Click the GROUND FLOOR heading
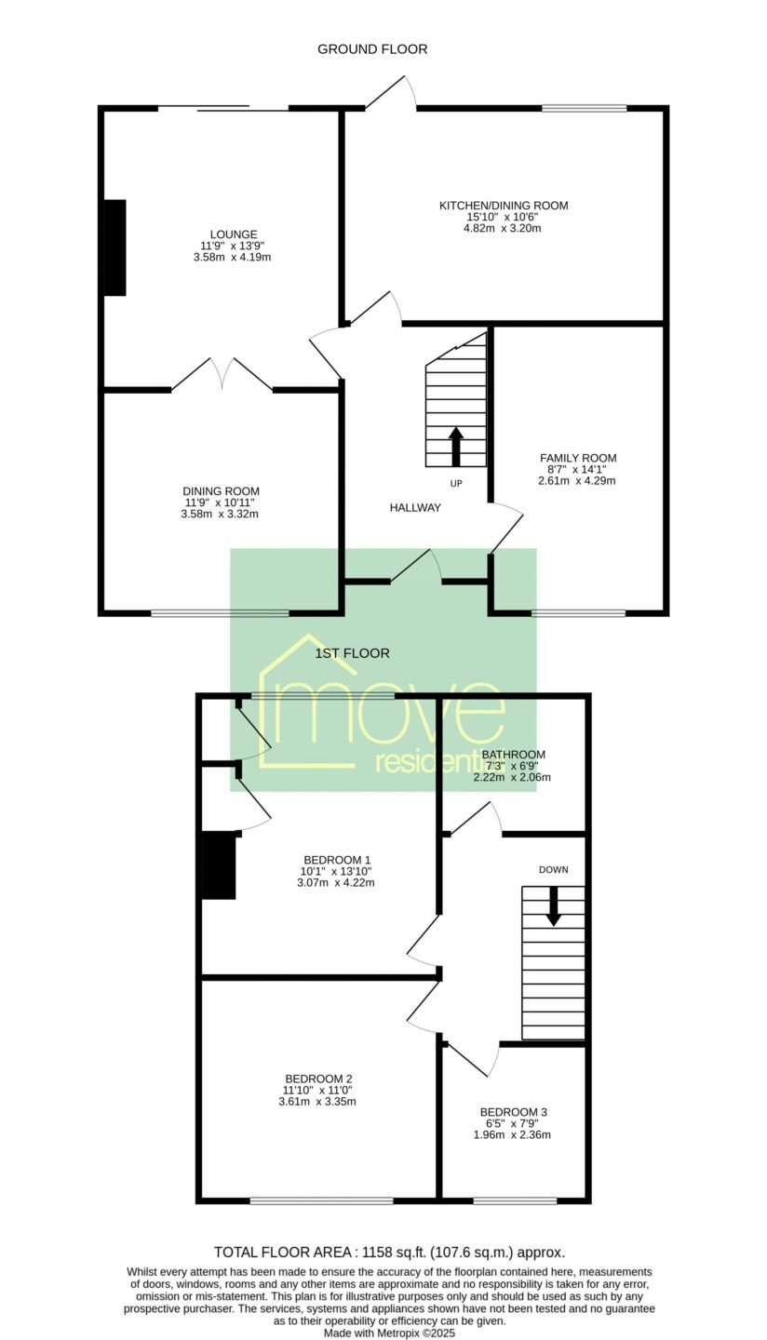tap(372, 49)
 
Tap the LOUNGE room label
tap(234, 234)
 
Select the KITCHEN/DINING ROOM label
tap(504, 205)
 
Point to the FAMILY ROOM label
tap(578, 458)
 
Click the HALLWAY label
tap(415, 507)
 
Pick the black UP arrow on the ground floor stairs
tap(456, 447)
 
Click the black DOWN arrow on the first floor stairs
tap(554, 905)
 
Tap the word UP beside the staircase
tap(456, 483)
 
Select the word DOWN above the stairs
tap(554, 870)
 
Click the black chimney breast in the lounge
tap(115, 248)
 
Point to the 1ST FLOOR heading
tap(353, 653)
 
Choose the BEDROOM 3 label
tap(513, 1112)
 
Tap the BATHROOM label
tap(513, 755)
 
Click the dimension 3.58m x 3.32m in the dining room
tap(220, 514)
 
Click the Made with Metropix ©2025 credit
tap(389, 1333)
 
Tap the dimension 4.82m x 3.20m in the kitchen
tap(502, 228)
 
